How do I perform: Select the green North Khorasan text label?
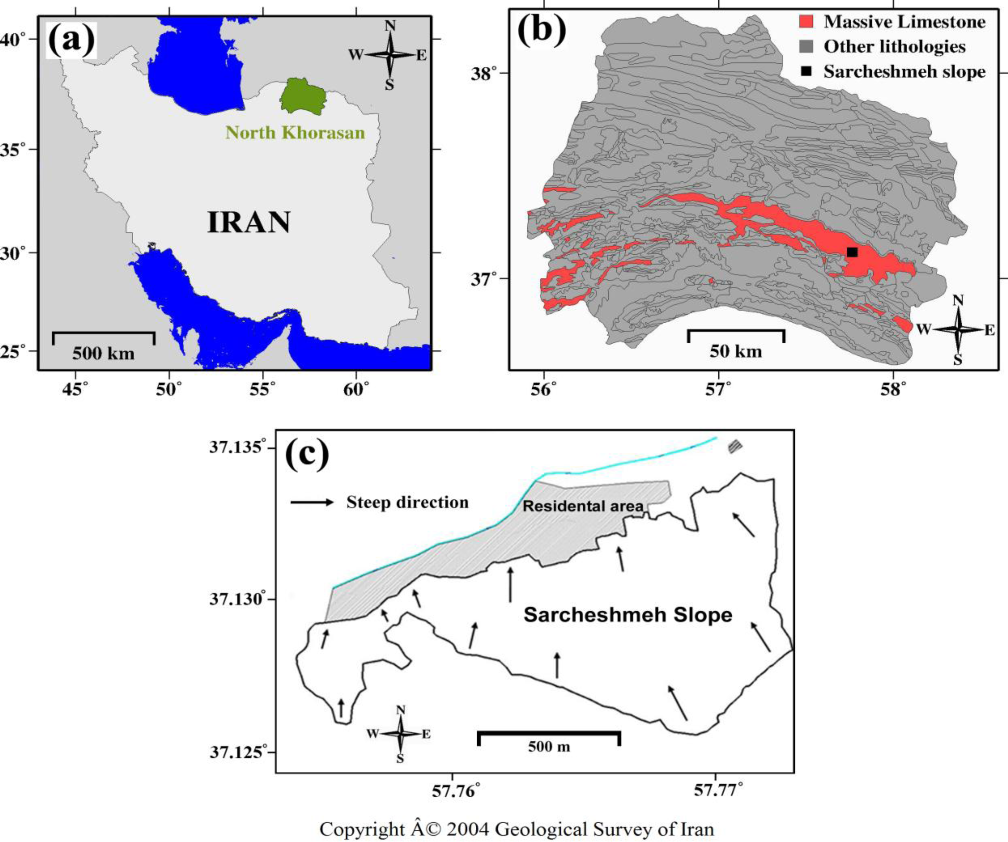tap(295, 132)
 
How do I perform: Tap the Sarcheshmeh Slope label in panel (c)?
tap(628, 615)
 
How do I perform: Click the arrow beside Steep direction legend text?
tap(312, 503)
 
